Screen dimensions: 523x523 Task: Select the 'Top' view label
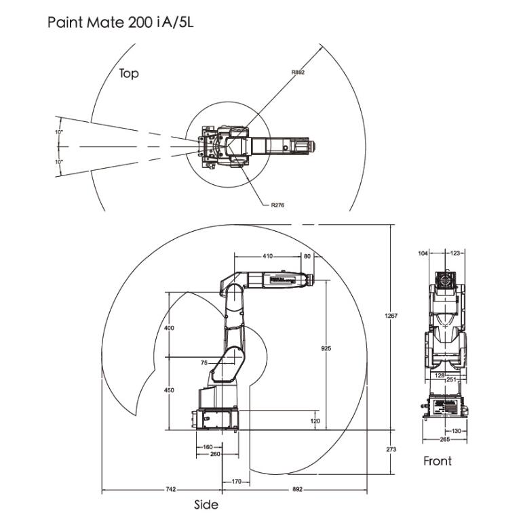pyautogui.click(x=129, y=73)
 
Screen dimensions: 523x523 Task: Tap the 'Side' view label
pyautogui.click(x=206, y=505)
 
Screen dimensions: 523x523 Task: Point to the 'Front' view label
pyautogui.click(x=438, y=461)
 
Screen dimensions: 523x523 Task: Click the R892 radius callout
pyautogui.click(x=298, y=72)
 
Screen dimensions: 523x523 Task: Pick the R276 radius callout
pyautogui.click(x=276, y=204)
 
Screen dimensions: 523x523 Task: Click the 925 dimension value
pyautogui.click(x=326, y=348)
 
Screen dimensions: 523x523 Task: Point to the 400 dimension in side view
pyautogui.click(x=169, y=328)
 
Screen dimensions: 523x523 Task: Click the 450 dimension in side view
pyautogui.click(x=169, y=390)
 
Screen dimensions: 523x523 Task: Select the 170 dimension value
pyautogui.click(x=236, y=482)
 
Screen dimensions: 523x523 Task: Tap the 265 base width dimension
pyautogui.click(x=444, y=440)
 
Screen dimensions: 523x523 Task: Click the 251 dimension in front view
pyautogui.click(x=450, y=380)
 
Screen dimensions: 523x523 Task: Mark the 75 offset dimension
pyautogui.click(x=204, y=363)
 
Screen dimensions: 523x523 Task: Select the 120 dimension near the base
pyautogui.click(x=315, y=421)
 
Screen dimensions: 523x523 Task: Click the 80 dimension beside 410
pyautogui.click(x=307, y=256)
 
